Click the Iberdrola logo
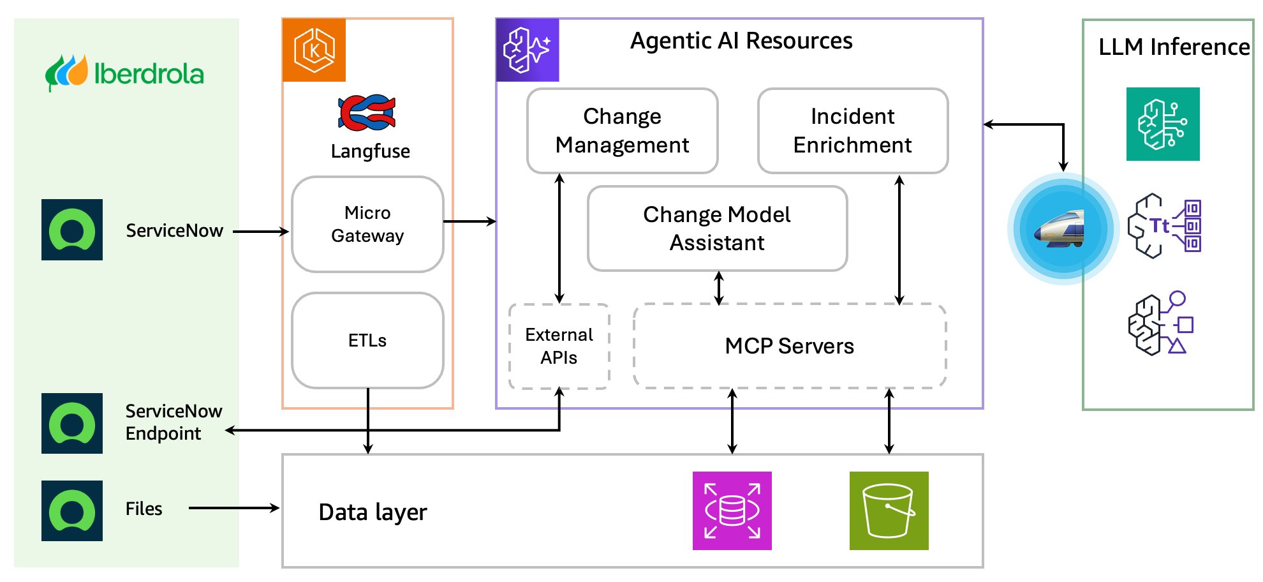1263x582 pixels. tap(124, 73)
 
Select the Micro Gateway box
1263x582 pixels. tap(367, 224)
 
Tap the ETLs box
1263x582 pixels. tap(367, 340)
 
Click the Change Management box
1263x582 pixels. tap(622, 131)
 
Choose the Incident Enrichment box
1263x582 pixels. tap(852, 131)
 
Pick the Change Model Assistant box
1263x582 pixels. tap(717, 228)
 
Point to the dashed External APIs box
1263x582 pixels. tap(559, 346)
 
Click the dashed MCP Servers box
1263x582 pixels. tap(789, 346)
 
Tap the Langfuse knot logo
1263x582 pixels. tap(367, 113)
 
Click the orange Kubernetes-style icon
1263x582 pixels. tap(314, 50)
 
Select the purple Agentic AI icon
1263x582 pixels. tap(528, 50)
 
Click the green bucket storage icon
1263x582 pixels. tap(889, 511)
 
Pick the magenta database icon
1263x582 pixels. tap(732, 511)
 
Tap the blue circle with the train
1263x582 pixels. tap(1062, 228)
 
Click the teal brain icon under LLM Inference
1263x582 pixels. tap(1162, 124)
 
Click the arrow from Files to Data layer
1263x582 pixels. tap(233, 508)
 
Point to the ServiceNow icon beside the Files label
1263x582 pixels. tap(72, 511)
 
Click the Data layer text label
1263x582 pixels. tap(373, 512)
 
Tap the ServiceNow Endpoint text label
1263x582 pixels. tap(173, 422)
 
